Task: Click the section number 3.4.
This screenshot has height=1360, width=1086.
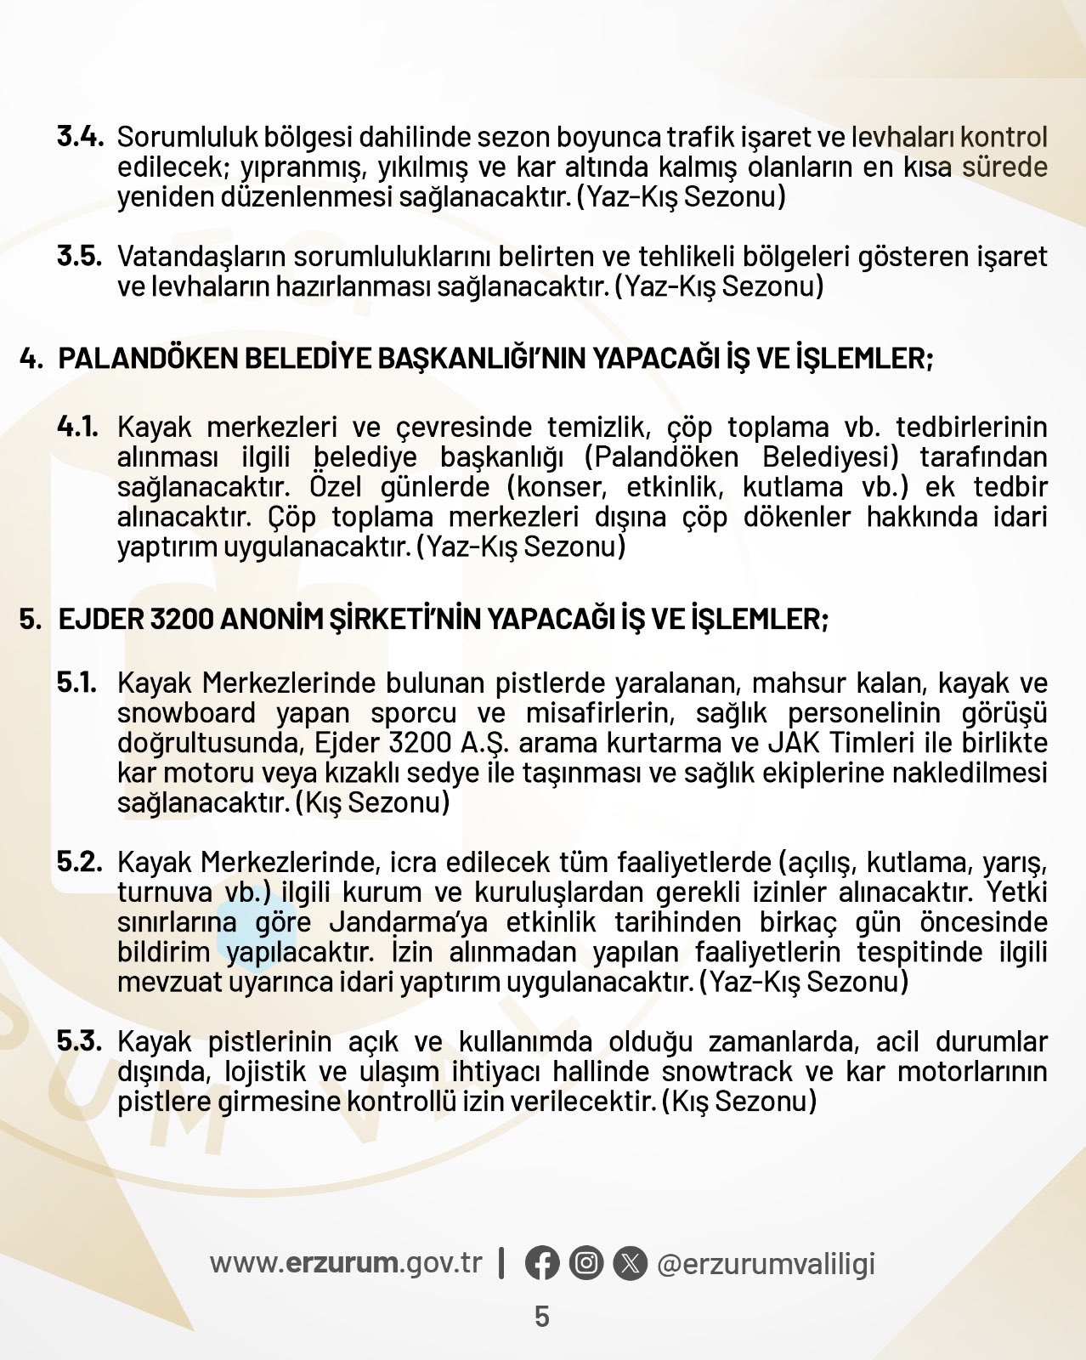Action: [x=80, y=137]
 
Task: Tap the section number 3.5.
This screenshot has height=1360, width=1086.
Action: [x=80, y=256]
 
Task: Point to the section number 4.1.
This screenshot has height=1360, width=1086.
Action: [x=78, y=427]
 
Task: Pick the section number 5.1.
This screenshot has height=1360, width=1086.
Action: [x=77, y=683]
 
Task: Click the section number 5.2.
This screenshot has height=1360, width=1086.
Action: [x=80, y=862]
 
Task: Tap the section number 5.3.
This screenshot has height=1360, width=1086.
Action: [x=80, y=1041]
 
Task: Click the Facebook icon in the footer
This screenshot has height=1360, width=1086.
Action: [x=542, y=1263]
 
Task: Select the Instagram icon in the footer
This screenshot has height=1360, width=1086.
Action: [x=585, y=1263]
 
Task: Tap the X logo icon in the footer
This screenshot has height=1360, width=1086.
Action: [x=629, y=1263]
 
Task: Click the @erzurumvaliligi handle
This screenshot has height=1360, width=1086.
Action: [x=766, y=1264]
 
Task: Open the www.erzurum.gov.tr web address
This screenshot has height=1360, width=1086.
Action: [x=346, y=1263]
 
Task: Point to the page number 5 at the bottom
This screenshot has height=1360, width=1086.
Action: [x=542, y=1317]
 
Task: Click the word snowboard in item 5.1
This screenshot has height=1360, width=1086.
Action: [x=186, y=713]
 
